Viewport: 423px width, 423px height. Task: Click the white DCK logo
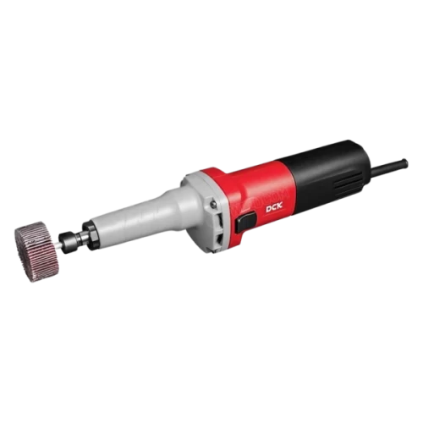point(274,210)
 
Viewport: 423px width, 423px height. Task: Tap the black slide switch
point(245,222)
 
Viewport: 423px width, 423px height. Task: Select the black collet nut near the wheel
point(69,240)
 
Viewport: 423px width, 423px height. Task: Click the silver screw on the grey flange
point(213,203)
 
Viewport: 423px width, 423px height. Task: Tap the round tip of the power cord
point(404,163)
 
